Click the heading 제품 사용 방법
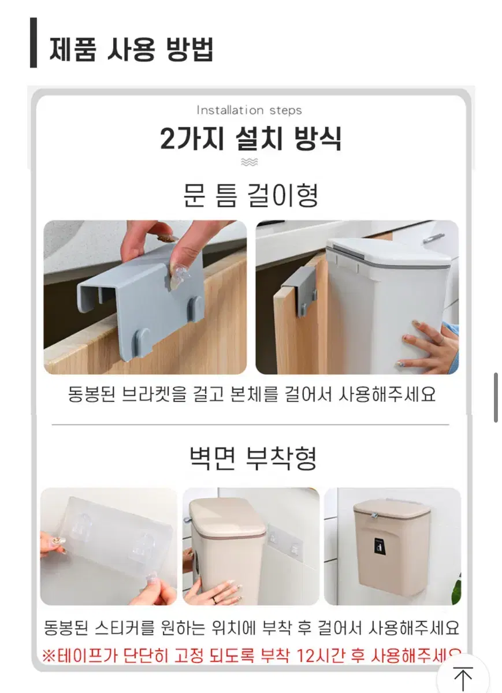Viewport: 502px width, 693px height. click(131, 50)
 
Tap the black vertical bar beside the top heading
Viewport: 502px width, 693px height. click(34, 43)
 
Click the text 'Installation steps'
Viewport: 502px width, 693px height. click(249, 110)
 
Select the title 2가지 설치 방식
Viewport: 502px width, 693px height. click(251, 138)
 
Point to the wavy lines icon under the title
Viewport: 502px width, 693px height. click(249, 162)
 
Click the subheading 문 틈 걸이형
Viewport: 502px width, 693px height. click(250, 195)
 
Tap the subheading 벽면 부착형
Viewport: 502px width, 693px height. click(253, 459)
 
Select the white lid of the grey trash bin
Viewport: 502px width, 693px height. click(389, 252)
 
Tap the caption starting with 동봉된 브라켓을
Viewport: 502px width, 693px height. click(252, 394)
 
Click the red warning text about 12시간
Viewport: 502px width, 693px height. click(251, 655)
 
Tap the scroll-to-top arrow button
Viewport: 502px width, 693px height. click(463, 676)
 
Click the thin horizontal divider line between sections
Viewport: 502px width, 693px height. click(250, 425)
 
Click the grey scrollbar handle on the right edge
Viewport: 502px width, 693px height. click(496, 397)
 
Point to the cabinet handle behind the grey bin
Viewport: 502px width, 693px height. click(434, 238)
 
